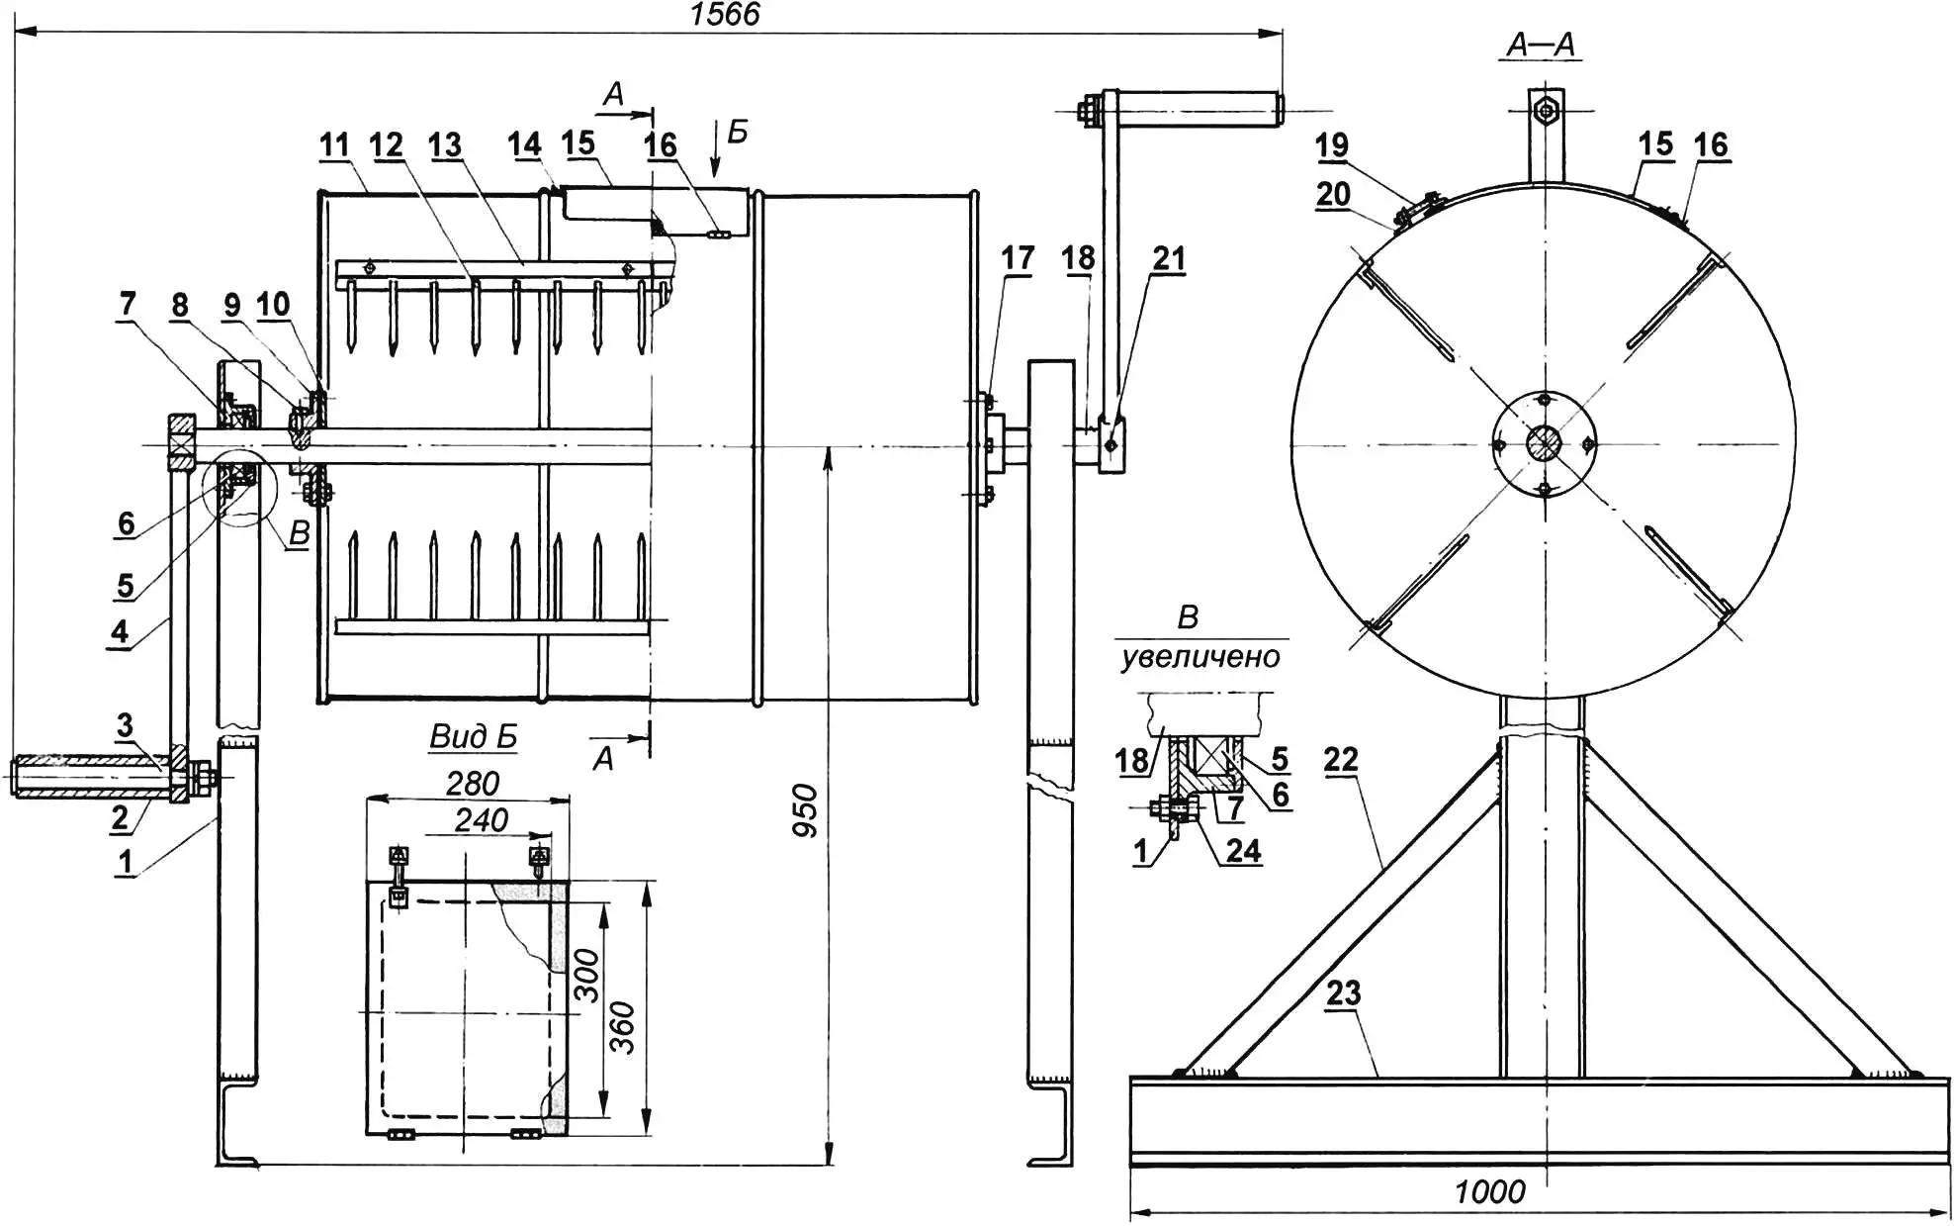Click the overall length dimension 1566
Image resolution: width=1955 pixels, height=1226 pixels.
click(x=725, y=15)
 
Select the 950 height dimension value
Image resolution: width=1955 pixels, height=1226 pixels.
click(x=806, y=810)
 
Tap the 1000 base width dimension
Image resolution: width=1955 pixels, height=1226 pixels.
click(x=1489, y=1192)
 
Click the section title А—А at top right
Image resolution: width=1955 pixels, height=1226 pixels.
click(x=1541, y=45)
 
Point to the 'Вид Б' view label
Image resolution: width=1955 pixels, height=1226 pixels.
click(x=473, y=737)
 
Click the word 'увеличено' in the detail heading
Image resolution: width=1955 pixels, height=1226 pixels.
click(x=1200, y=657)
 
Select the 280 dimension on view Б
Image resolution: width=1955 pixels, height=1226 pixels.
click(x=472, y=784)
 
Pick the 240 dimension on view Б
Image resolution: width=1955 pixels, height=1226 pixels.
click(x=481, y=820)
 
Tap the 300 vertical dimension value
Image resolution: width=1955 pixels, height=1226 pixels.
click(x=587, y=975)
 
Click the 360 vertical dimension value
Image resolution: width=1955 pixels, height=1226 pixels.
click(x=622, y=1027)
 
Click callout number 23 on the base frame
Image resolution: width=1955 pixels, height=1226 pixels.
click(x=1343, y=992)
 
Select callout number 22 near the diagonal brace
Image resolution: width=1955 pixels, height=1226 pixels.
click(x=1340, y=760)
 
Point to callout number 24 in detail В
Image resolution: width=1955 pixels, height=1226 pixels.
click(x=1243, y=851)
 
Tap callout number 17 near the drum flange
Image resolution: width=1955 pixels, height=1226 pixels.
click(x=1017, y=258)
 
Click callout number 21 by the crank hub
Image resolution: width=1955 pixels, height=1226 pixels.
click(x=1168, y=258)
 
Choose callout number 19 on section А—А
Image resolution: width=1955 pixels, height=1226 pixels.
click(x=1331, y=145)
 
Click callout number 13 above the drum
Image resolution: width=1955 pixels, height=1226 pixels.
click(x=445, y=145)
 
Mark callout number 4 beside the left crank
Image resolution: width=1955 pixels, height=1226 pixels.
click(x=120, y=631)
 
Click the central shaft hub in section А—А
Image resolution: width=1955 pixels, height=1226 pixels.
click(x=1543, y=442)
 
